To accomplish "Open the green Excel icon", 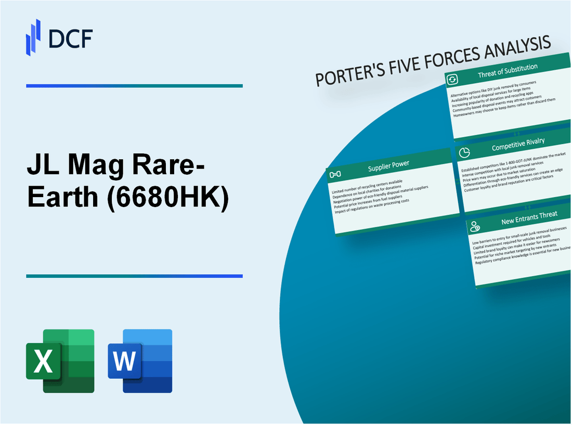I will [60, 360].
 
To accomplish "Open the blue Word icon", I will [140, 360].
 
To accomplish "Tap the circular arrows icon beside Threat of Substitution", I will [452, 80].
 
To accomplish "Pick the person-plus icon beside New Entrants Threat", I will [475, 226].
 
